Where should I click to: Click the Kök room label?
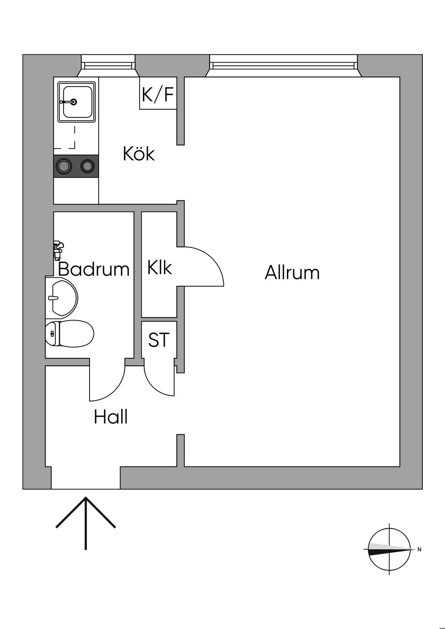(139, 154)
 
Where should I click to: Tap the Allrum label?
(292, 273)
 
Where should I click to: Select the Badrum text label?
(94, 269)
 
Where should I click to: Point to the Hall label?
(111, 417)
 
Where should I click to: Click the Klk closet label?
(159, 268)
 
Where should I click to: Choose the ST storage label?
(159, 340)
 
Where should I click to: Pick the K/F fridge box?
(158, 94)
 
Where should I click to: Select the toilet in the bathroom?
(70, 334)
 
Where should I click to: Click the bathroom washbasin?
(63, 298)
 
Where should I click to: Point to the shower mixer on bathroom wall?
(57, 248)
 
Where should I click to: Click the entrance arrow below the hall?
(86, 521)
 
